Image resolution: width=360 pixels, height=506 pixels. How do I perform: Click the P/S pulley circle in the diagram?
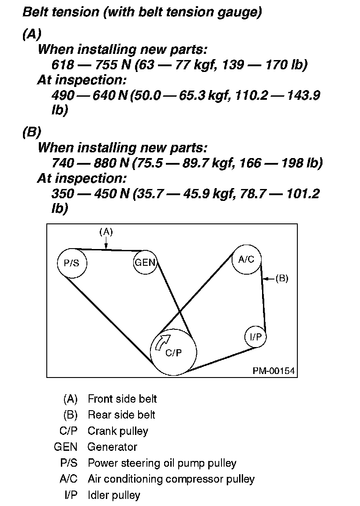click(x=72, y=263)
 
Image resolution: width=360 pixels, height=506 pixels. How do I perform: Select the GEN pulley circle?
click(x=145, y=263)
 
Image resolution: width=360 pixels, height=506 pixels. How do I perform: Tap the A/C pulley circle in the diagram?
click(x=246, y=259)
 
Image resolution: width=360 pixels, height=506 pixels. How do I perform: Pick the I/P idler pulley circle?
click(x=255, y=337)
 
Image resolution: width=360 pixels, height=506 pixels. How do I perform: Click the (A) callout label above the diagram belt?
click(x=106, y=231)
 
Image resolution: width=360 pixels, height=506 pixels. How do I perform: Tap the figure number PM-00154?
click(x=274, y=370)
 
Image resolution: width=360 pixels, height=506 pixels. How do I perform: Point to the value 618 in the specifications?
click(x=63, y=65)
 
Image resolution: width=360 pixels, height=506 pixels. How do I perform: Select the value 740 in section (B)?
click(x=63, y=163)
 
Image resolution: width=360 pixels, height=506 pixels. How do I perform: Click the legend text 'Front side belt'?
click(x=122, y=399)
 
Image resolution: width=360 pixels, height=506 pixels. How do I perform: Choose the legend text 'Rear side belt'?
click(x=121, y=415)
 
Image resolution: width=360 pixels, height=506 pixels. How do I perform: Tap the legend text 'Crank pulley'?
click(x=118, y=431)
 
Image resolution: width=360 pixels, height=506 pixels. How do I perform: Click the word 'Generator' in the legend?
click(x=112, y=447)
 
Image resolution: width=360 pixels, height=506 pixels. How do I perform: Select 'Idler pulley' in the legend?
click(x=114, y=495)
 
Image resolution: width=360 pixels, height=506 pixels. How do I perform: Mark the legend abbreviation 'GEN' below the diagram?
click(x=65, y=447)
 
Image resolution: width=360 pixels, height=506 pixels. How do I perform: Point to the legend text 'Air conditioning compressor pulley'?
click(x=171, y=479)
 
